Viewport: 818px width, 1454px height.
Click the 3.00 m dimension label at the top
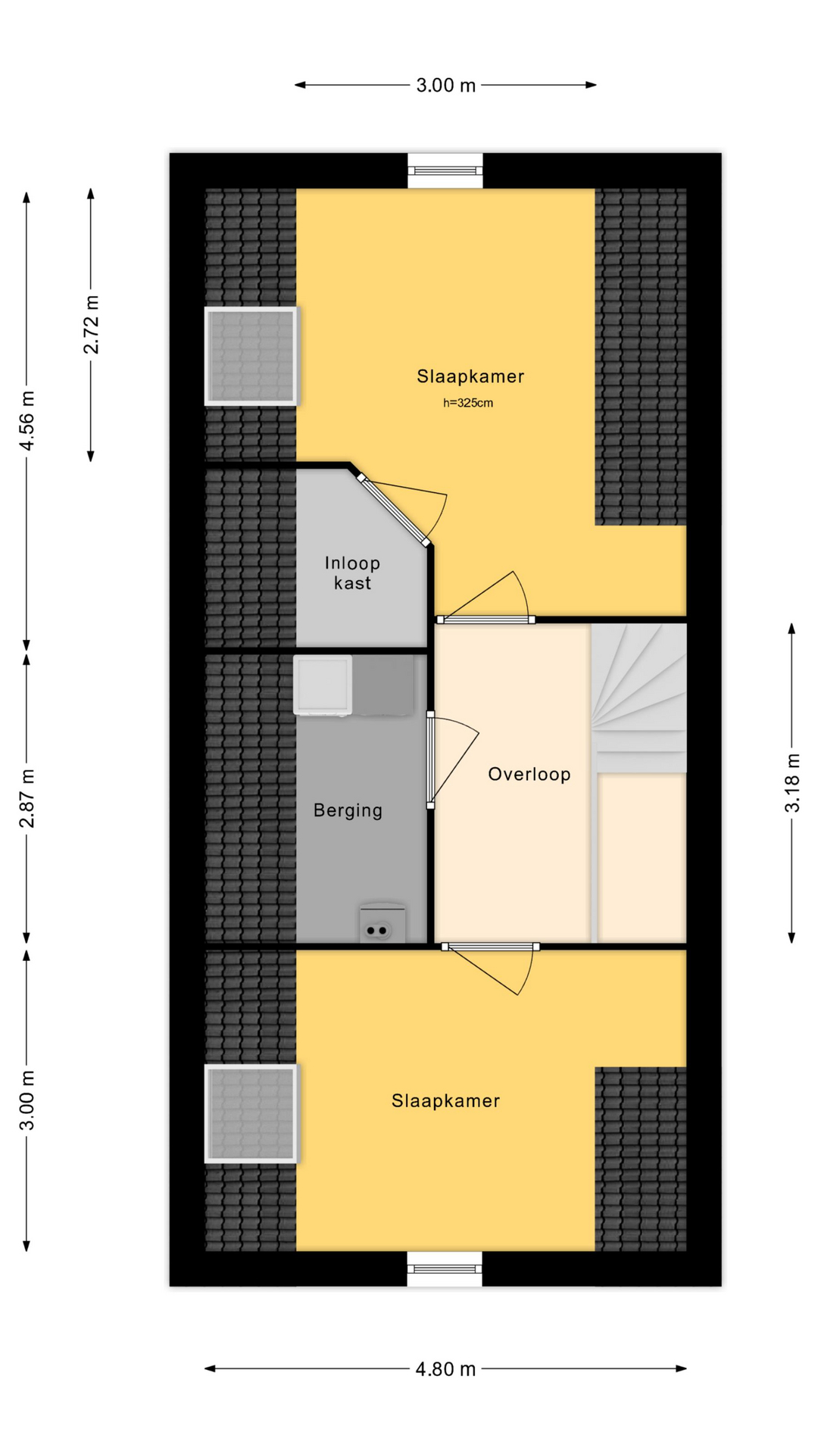tap(445, 86)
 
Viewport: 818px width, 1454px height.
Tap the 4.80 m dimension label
tap(445, 1369)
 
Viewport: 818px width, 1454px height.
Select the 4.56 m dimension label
tap(27, 420)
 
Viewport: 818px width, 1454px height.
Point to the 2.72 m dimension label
tap(92, 324)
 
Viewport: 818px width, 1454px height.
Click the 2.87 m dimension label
tap(27, 798)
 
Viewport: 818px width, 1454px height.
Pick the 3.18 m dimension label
tap(792, 783)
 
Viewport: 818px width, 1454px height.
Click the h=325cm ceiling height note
tap(468, 403)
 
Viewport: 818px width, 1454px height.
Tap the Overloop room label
tap(529, 774)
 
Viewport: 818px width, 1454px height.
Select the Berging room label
tap(348, 811)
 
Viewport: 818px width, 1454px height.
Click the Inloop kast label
tap(352, 573)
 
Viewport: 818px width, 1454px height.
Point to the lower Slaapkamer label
tap(445, 1101)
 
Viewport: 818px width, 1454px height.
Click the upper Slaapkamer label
tap(470, 376)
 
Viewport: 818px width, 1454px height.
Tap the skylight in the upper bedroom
tap(251, 356)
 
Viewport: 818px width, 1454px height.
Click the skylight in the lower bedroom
tap(251, 1113)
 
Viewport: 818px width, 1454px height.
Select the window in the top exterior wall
tap(445, 171)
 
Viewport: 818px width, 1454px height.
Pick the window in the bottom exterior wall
tap(445, 1268)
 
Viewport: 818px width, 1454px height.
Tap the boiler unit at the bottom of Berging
tap(382, 922)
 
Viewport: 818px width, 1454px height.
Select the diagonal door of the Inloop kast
tap(394, 510)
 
